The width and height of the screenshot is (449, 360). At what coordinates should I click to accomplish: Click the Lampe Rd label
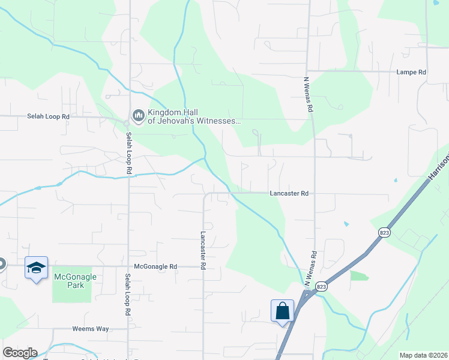(411, 72)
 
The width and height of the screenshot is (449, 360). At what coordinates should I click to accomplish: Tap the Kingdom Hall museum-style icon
(139, 115)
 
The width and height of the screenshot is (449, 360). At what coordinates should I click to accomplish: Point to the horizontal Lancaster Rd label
(289, 193)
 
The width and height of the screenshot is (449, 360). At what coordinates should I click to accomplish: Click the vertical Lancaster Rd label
(203, 250)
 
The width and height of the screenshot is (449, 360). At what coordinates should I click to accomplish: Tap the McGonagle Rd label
(155, 266)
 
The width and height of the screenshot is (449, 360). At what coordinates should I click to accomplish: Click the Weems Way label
(91, 329)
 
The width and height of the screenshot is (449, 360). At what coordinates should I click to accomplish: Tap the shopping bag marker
(282, 311)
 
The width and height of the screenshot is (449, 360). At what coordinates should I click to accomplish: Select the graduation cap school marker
(36, 268)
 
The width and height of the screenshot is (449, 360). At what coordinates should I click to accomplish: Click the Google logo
(20, 353)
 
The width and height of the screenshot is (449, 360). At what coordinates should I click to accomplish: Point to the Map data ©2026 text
(423, 355)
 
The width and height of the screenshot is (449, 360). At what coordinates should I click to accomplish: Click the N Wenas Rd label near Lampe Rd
(308, 95)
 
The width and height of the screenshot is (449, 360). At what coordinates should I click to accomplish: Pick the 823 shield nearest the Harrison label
(384, 232)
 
